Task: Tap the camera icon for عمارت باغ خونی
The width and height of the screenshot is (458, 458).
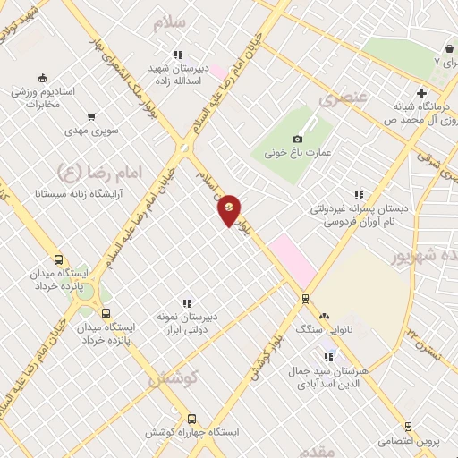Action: [x=297, y=139]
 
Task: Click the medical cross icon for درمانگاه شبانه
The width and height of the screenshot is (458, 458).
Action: [x=421, y=93]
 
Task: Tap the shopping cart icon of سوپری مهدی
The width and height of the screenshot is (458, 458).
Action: [x=91, y=117]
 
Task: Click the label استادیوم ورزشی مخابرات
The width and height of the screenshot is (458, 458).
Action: [x=47, y=98]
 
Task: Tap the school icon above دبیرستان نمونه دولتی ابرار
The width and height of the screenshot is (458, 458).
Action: [x=187, y=304]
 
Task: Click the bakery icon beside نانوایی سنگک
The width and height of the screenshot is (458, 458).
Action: [x=324, y=317]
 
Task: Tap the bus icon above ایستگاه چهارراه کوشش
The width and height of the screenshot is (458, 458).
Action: [x=191, y=418]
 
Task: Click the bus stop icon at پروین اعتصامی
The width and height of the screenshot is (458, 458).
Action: [x=408, y=427]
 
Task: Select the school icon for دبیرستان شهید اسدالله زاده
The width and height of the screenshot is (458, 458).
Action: [x=179, y=55]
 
